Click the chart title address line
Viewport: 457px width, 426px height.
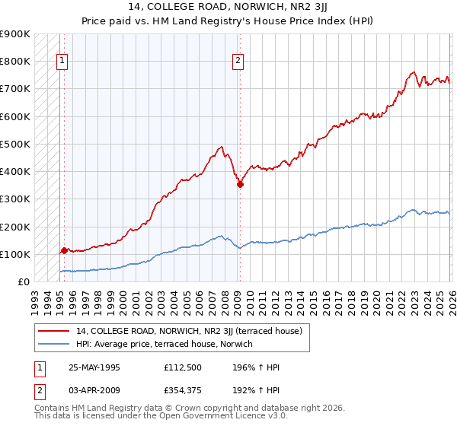click(x=228, y=9)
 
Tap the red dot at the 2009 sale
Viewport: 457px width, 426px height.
click(x=240, y=184)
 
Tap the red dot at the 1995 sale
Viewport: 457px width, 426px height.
click(x=64, y=250)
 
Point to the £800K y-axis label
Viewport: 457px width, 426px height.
click(x=14, y=61)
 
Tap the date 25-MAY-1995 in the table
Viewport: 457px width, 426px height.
click(x=94, y=367)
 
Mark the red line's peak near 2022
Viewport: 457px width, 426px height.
click(x=413, y=72)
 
